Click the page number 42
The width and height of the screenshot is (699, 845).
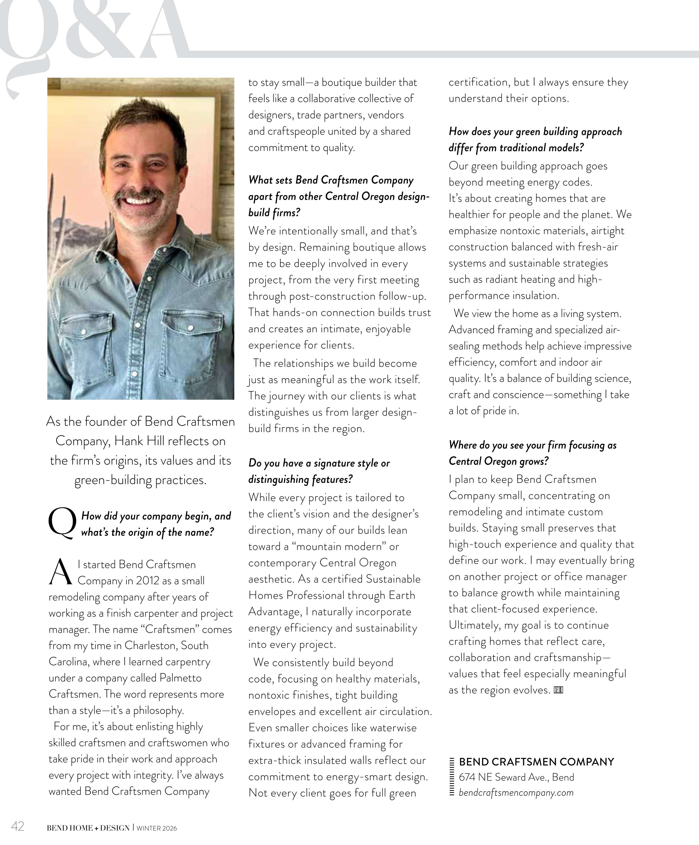tap(18, 826)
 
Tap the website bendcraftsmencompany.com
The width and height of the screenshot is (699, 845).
tap(516, 792)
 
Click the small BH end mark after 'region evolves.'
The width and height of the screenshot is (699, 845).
tap(558, 690)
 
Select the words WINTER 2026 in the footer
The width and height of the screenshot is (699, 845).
tap(157, 828)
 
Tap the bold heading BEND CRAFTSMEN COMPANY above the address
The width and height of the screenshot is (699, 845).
tap(536, 762)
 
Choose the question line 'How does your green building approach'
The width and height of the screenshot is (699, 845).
tap(535, 132)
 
